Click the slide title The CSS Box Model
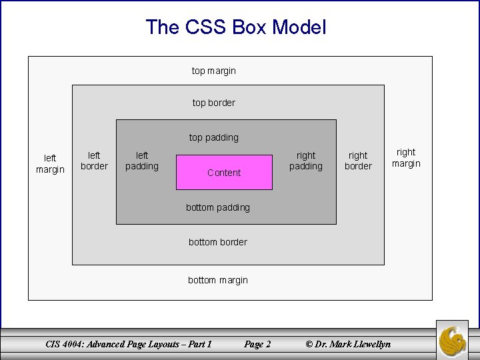coord(236,27)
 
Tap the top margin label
coord(213,70)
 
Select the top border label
coord(213,103)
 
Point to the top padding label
coord(213,137)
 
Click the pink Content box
coord(224,172)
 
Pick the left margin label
coord(50,164)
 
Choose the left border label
coord(94,161)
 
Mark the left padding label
coord(142,161)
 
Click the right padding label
coord(306,161)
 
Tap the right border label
coord(358,161)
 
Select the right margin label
coord(406,158)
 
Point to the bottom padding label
coord(218,207)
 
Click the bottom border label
coord(218,242)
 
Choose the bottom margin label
coord(218,280)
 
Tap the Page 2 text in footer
coord(257,344)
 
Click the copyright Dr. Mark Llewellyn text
coord(347,344)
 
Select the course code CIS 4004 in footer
coord(70,344)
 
